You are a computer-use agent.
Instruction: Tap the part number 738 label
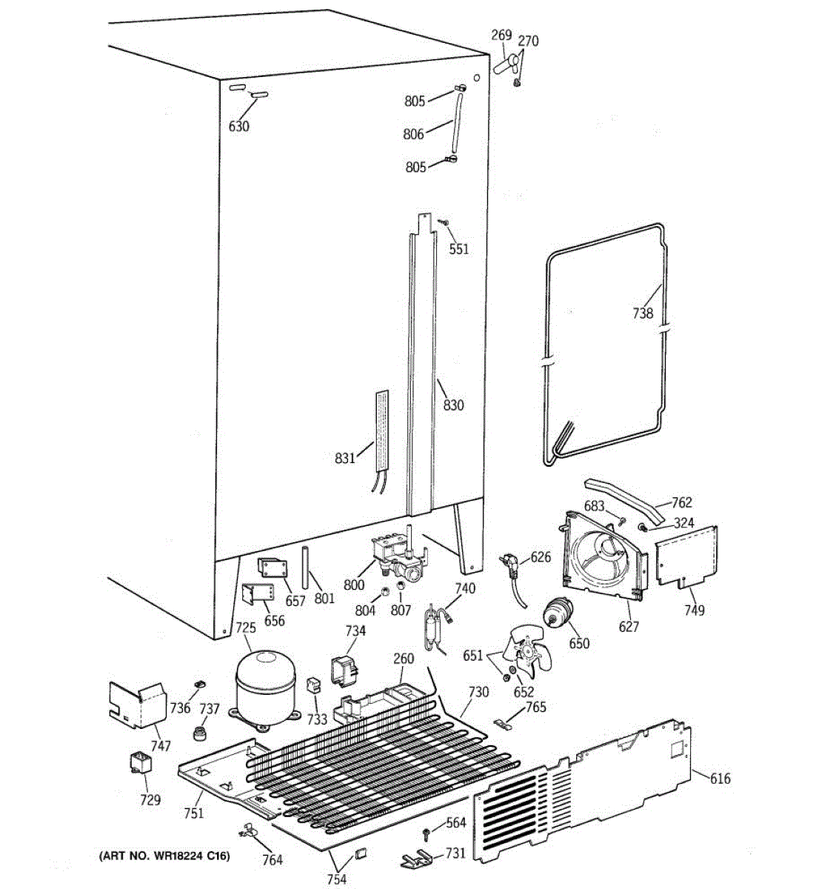point(643,313)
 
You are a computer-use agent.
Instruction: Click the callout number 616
point(720,778)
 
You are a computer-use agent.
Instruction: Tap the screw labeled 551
point(443,222)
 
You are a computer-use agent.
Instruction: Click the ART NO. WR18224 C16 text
point(164,856)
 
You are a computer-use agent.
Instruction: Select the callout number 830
point(453,405)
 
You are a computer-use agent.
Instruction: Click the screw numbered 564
point(427,835)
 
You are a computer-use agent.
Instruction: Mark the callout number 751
point(193,813)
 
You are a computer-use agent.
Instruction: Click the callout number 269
point(502,35)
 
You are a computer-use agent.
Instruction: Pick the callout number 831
point(345,459)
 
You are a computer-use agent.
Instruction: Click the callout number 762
point(681,503)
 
